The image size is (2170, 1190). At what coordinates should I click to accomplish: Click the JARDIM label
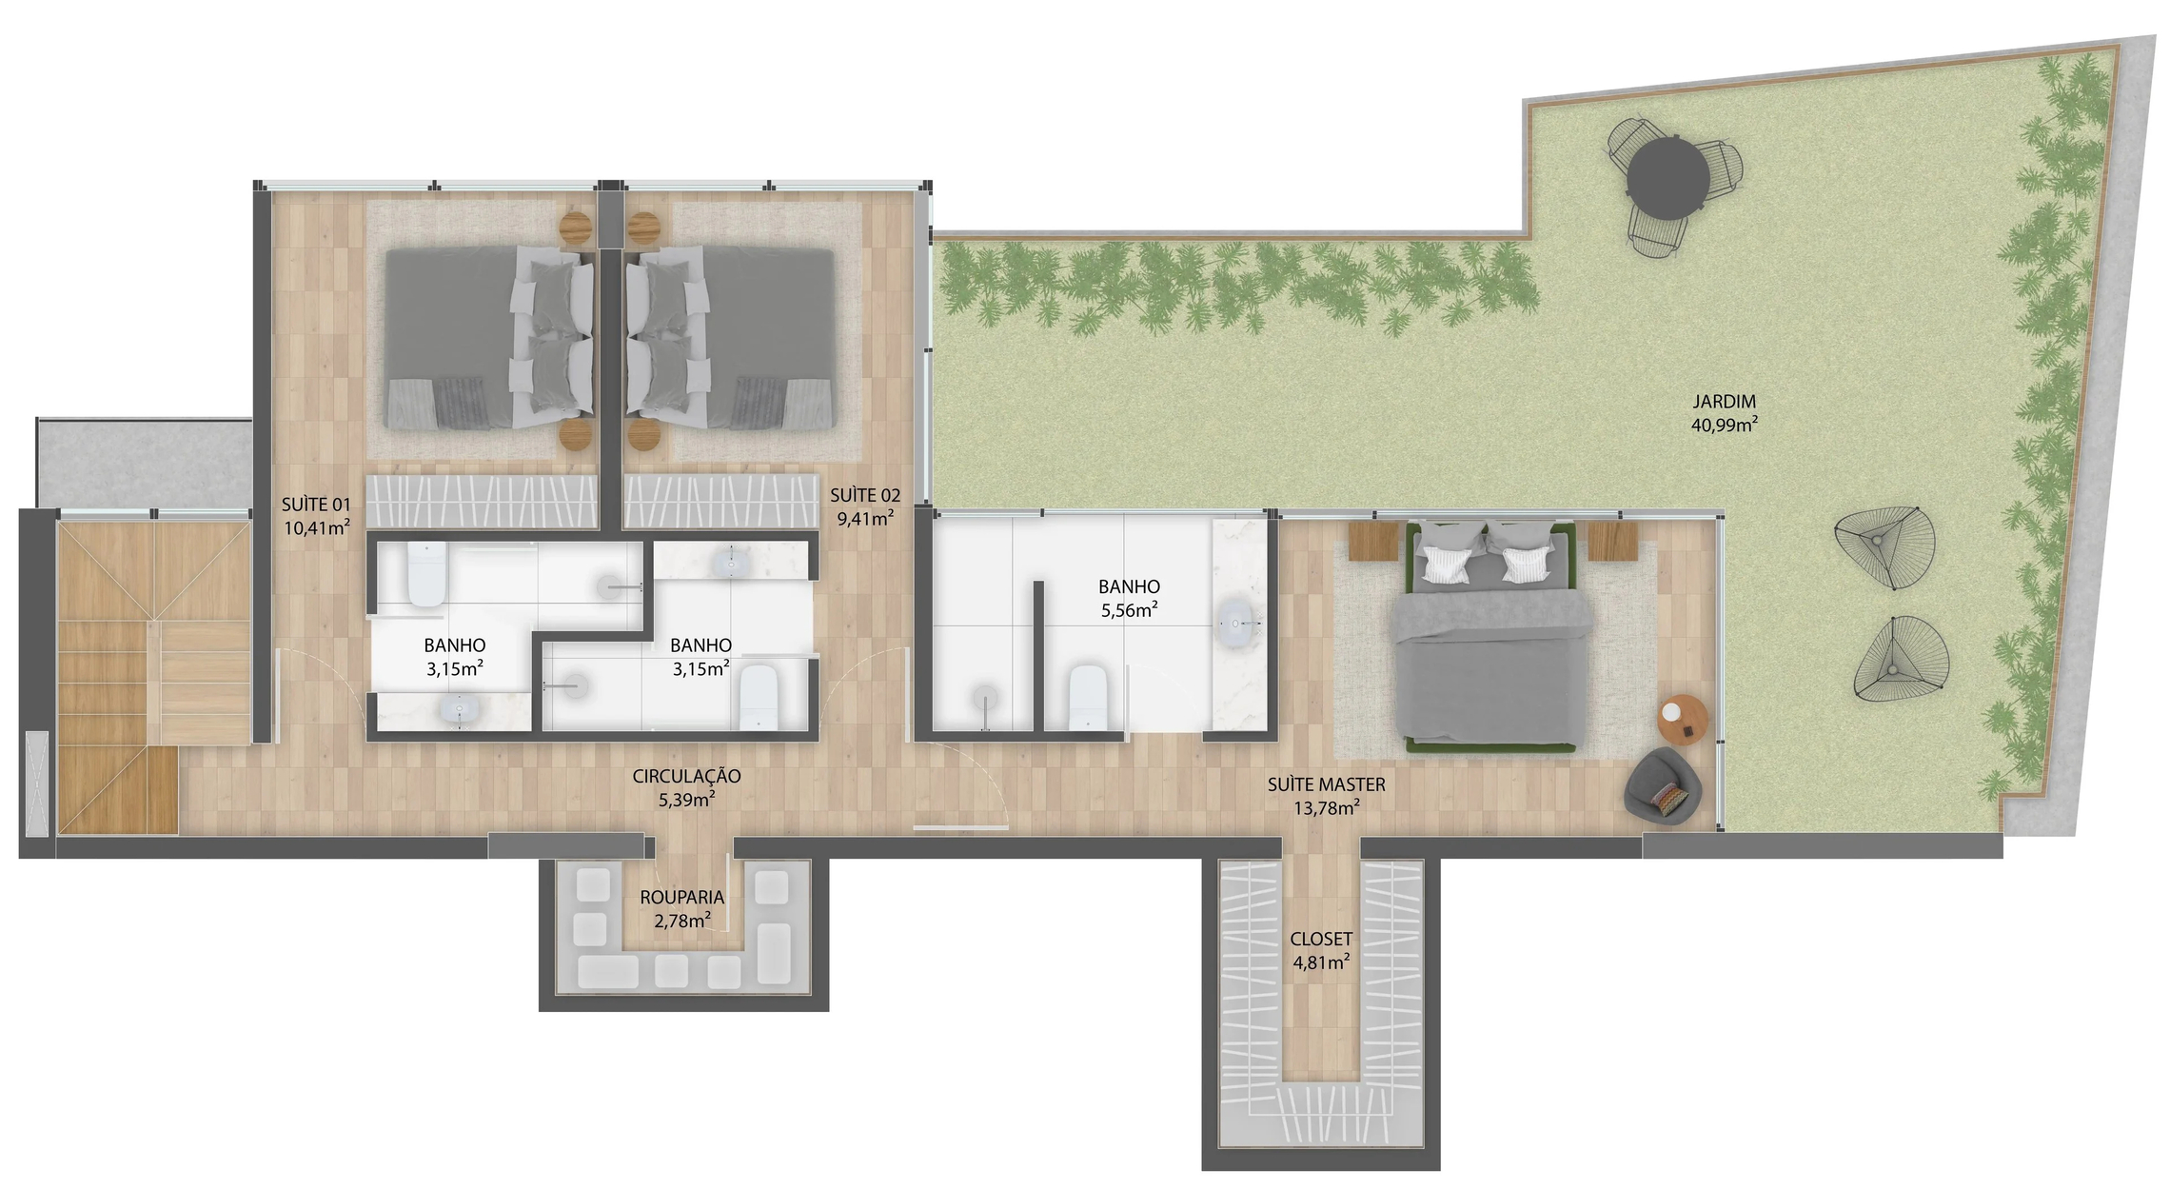pos(1724,402)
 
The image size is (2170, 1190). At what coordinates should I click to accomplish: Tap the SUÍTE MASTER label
pos(1326,784)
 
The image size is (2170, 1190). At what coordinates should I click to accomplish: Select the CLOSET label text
pos(1320,940)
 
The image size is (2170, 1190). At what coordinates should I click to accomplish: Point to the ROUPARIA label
pos(681,897)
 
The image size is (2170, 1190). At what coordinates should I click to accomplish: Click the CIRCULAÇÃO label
pos(686,777)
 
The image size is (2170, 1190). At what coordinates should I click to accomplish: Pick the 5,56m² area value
pos(1129,610)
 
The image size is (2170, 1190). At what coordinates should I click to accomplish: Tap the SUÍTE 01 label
pos(316,505)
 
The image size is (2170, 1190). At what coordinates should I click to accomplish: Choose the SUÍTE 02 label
pos(864,495)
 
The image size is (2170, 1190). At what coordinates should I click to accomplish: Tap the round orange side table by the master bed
pos(1683,721)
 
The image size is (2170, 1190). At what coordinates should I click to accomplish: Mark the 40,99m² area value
pos(1724,425)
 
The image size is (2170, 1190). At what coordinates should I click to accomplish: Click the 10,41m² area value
pos(316,527)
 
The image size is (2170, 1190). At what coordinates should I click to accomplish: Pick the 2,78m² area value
pos(681,921)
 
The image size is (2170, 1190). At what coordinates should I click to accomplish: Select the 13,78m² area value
pos(1326,808)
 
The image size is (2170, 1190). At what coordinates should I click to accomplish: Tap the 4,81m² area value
pos(1320,962)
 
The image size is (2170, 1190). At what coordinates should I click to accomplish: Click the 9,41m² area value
pos(864,519)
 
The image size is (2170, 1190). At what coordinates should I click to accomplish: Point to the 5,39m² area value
pos(686,800)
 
